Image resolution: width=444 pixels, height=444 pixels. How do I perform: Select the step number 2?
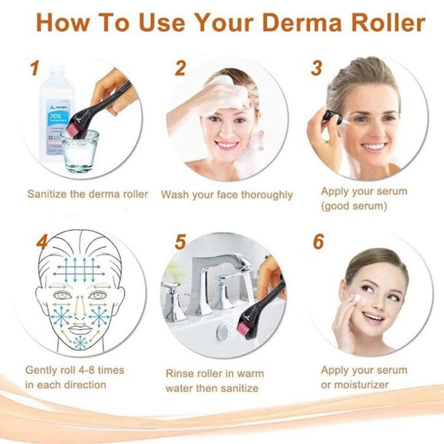pyautogui.click(x=180, y=68)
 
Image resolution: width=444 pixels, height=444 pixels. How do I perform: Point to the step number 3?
pyautogui.click(x=317, y=68)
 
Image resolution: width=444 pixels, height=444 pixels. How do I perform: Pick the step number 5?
pyautogui.click(x=179, y=242)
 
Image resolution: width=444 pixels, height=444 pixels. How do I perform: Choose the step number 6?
pyautogui.click(x=318, y=242)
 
